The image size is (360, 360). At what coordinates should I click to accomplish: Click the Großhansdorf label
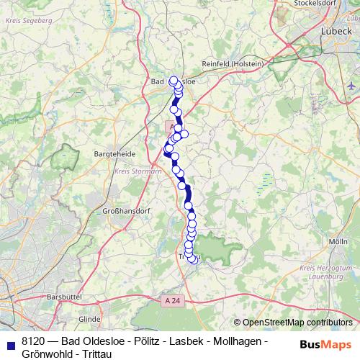click(121, 212)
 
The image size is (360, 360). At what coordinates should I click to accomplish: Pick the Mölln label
click(338, 241)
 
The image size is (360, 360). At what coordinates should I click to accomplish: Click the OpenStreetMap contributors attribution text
click(297, 323)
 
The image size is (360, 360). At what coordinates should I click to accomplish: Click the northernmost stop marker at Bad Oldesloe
click(173, 80)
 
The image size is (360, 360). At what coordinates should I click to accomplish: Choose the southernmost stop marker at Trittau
click(192, 260)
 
